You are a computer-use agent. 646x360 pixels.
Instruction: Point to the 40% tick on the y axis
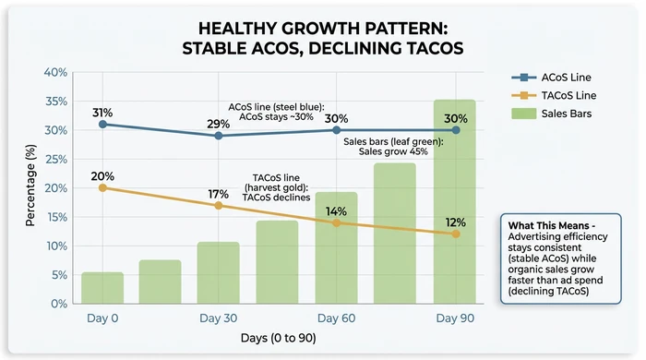click(54, 73)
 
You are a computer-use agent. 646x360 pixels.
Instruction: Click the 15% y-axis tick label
click(54, 217)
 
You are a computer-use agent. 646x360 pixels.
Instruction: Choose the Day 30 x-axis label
click(219, 318)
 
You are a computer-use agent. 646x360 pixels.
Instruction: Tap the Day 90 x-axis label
click(455, 318)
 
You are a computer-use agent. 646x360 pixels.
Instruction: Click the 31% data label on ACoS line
click(102, 113)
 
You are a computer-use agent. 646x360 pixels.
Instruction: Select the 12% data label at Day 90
click(455, 222)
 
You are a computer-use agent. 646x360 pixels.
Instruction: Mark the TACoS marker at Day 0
click(102, 187)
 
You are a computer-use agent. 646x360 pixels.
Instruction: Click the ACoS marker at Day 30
click(219, 136)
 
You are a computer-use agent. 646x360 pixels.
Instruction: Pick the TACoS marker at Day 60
click(337, 222)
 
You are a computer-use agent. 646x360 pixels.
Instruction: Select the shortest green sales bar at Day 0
click(102, 287)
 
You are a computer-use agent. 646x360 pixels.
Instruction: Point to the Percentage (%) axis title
click(30, 188)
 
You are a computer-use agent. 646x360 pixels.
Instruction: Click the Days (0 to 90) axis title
click(278, 339)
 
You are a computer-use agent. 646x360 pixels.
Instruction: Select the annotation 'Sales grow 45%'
click(393, 151)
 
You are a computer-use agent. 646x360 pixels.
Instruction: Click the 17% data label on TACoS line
click(219, 195)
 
